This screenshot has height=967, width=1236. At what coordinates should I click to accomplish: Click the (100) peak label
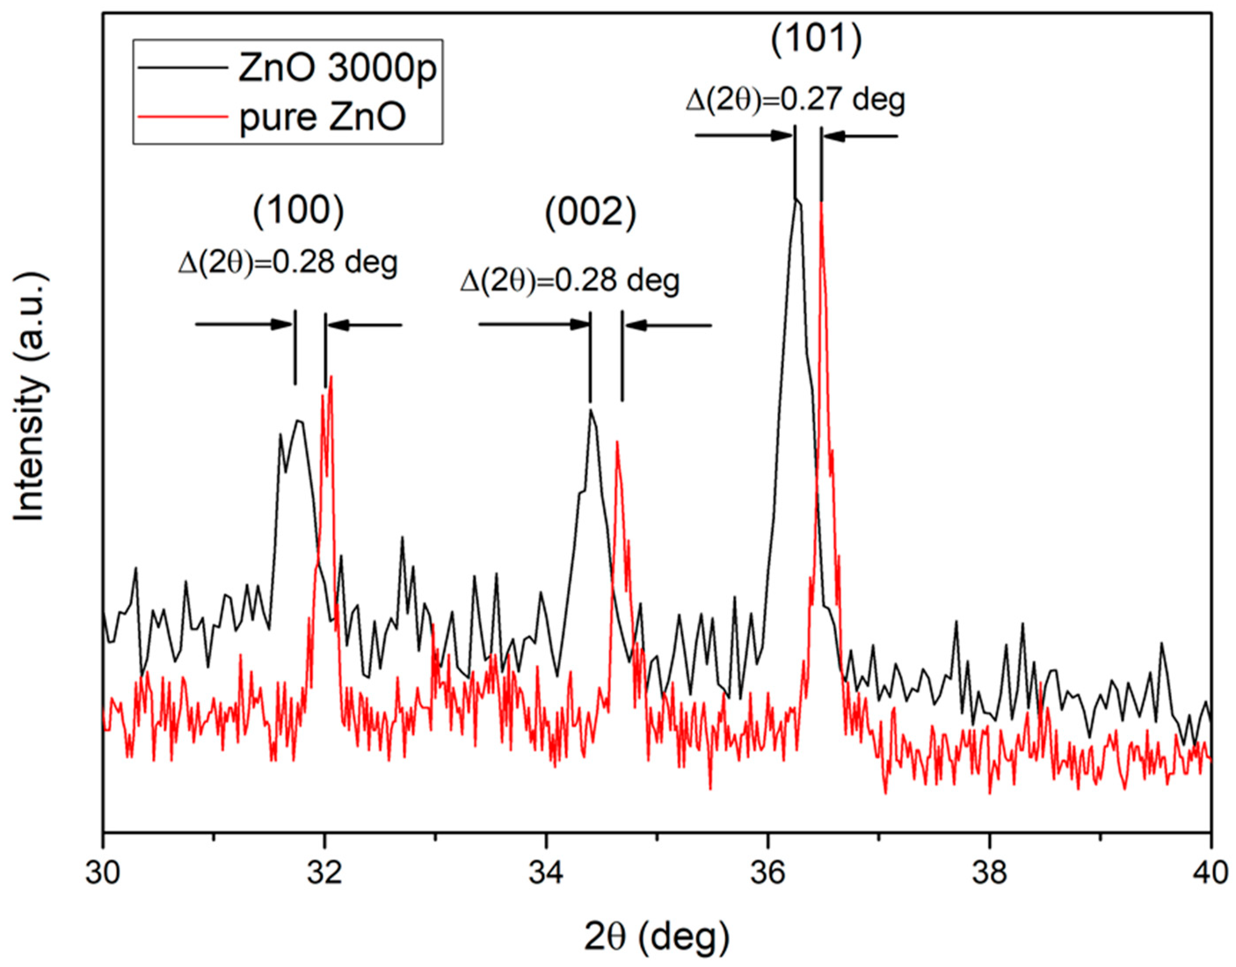(298, 212)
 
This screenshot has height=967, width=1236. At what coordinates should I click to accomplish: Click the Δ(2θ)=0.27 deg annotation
(795, 101)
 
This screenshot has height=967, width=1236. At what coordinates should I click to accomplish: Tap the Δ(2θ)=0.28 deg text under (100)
(288, 263)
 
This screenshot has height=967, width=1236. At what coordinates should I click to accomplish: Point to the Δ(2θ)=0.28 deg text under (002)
(569, 281)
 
